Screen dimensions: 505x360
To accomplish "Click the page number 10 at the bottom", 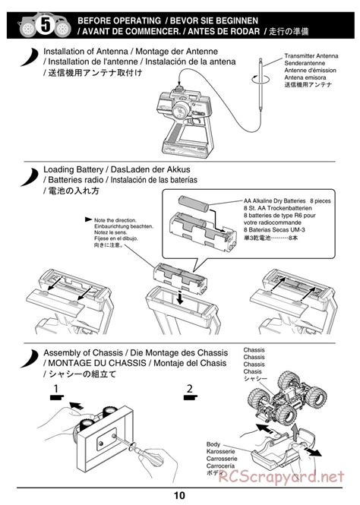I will click(179, 496).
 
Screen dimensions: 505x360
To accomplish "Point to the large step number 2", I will click(190, 390).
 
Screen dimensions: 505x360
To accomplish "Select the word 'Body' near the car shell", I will click(214, 444).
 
